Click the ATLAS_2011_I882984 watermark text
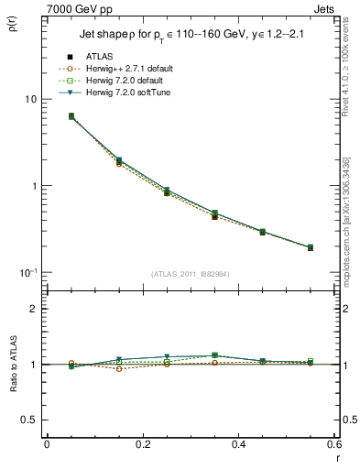[191, 274]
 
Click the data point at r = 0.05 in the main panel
[71, 116]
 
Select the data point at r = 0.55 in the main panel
[311, 247]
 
